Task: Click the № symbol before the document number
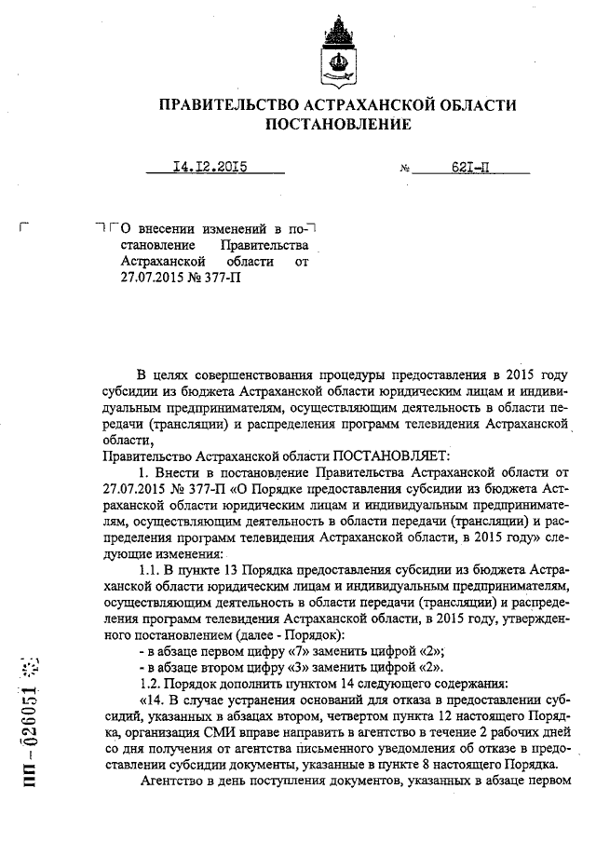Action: coord(405,170)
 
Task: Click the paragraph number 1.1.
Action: coord(150,569)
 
